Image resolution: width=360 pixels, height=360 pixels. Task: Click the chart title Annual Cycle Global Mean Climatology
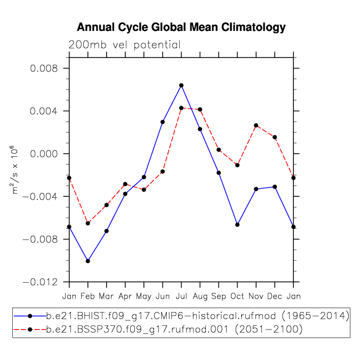click(181, 27)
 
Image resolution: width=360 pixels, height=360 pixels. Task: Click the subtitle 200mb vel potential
click(125, 45)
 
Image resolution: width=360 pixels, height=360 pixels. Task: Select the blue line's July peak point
click(181, 85)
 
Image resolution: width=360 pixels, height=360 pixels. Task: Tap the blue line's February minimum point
click(87, 261)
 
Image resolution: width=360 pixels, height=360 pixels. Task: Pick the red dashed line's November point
click(256, 125)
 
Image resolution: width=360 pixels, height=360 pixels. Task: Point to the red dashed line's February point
click(87, 223)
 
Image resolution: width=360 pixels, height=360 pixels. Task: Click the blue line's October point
click(237, 225)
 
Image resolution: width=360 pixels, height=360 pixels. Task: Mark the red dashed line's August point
click(200, 109)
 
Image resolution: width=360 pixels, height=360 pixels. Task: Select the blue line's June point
click(163, 122)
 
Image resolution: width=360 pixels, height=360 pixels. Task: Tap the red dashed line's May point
click(144, 190)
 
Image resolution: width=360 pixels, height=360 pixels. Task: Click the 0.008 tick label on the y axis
click(44, 68)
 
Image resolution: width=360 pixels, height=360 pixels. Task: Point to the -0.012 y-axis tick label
click(40, 282)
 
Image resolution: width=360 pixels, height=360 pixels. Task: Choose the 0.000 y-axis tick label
click(44, 154)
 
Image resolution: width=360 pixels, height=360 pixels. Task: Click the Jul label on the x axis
click(181, 296)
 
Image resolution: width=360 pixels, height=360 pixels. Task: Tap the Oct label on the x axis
click(237, 296)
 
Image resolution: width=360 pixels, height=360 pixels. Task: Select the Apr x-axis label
click(125, 297)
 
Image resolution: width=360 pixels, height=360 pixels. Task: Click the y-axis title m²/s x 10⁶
click(14, 170)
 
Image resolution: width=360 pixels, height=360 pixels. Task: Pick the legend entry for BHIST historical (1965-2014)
click(181, 316)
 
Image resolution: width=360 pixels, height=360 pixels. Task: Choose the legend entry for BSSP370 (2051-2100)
click(158, 330)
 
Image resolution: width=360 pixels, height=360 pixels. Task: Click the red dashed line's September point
click(219, 150)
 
